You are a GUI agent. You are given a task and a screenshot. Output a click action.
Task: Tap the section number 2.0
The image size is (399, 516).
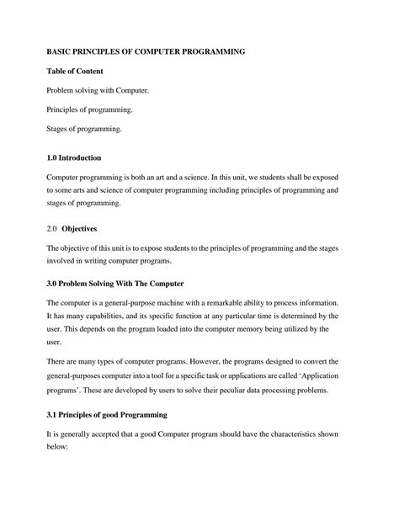[51, 228]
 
